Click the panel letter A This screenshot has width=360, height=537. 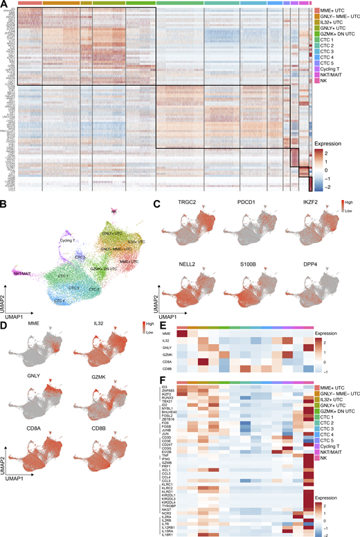coord(5,4)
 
